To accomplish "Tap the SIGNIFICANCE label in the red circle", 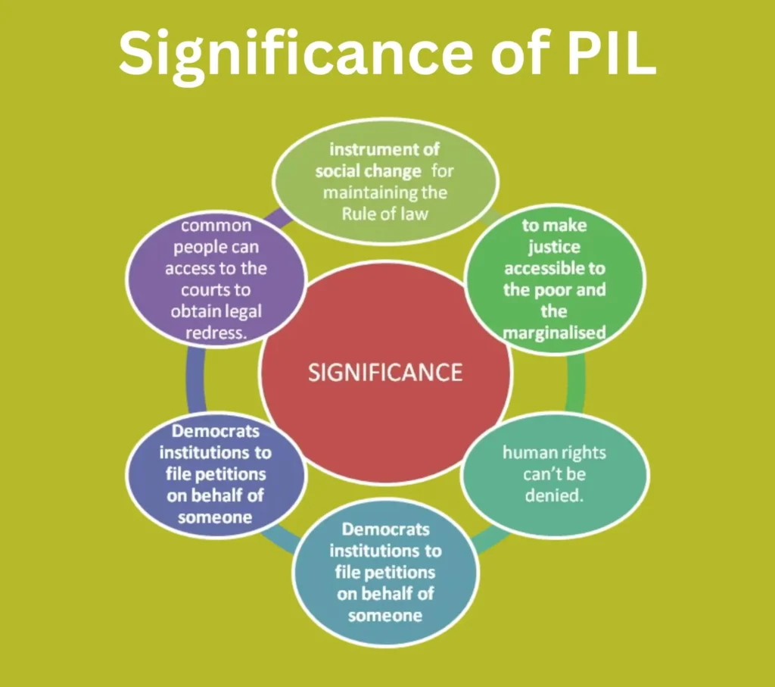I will [385, 373].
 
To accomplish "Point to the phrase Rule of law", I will [384, 213].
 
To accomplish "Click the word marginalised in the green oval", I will [555, 332].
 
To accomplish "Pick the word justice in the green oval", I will [555, 246].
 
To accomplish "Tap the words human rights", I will [555, 453].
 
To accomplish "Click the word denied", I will [553, 496].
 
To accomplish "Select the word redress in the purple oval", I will [216, 333].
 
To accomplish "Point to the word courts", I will [216, 290].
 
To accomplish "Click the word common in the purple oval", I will [216, 226].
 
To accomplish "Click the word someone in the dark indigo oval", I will [215, 517].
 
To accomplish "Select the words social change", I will [368, 170].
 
